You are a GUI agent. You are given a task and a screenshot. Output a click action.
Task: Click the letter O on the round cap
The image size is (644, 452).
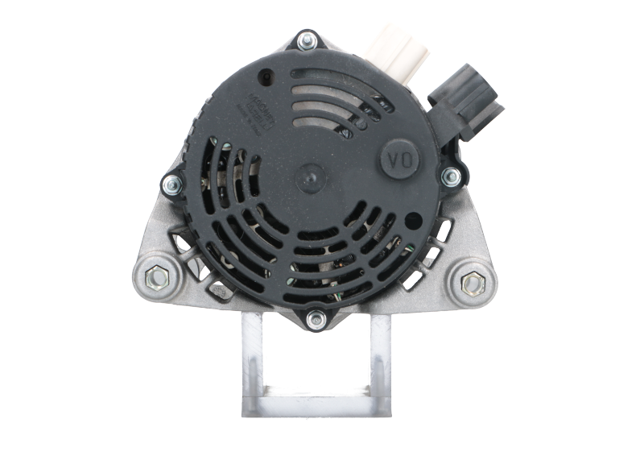(x=408, y=160)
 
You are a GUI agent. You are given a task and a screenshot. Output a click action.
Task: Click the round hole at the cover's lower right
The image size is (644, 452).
(x=415, y=218)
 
